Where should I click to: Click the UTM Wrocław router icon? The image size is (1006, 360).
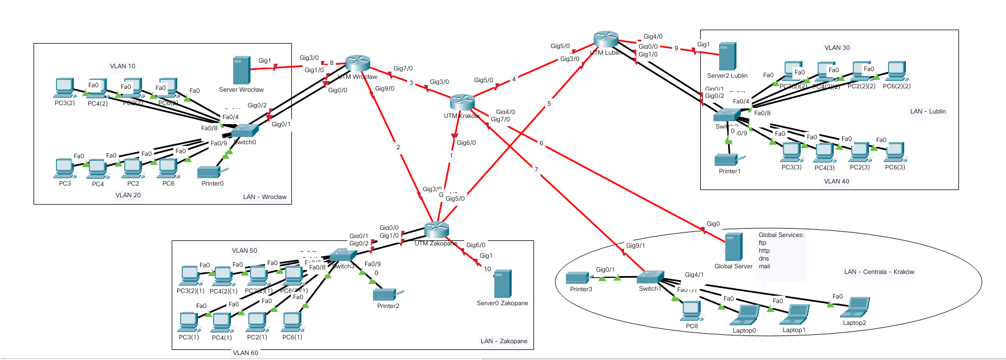(358, 63)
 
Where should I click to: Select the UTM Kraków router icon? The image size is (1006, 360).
(462, 102)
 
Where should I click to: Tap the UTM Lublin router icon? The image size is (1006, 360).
(606, 39)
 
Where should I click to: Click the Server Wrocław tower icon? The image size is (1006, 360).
(242, 70)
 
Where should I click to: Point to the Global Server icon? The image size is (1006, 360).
(734, 247)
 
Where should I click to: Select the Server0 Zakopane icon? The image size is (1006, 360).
(503, 284)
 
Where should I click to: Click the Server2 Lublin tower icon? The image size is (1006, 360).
(728, 56)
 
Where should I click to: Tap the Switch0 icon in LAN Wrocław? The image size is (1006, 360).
(245, 130)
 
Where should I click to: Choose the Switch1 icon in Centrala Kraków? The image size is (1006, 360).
(651, 277)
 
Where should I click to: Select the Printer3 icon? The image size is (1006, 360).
(578, 277)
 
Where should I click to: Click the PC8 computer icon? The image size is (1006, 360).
(692, 311)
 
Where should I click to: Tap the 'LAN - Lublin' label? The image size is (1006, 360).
(928, 111)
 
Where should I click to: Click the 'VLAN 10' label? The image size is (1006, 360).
(122, 66)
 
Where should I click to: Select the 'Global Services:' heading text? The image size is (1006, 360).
(781, 235)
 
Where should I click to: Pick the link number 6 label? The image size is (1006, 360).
(541, 143)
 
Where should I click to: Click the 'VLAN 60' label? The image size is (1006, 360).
(245, 353)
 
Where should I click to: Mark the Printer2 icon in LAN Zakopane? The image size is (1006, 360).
(385, 294)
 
